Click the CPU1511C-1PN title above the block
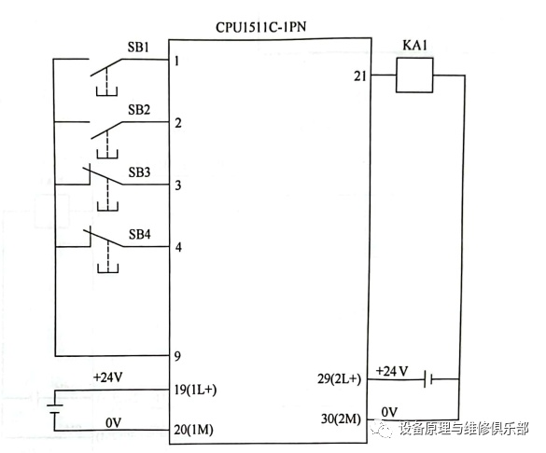pos(260,27)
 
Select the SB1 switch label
pos(138,47)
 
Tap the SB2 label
pos(138,109)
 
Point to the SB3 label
pos(139,172)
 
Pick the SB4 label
pos(140,234)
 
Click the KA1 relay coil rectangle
pos(414,75)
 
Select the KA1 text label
pos(414,45)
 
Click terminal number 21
pos(360,75)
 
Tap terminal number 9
pos(177,356)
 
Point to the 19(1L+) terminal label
pos(195,390)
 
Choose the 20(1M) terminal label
pos(193,430)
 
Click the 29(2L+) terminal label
pos(339,378)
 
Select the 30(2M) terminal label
pos(341,419)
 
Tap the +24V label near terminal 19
pos(107,377)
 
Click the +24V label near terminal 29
pos(392,371)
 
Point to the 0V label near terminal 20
pos(114,423)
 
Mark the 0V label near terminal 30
pos(389,412)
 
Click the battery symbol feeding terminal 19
pos(55,409)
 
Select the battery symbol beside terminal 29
pos(428,378)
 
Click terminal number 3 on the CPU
pos(178,185)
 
